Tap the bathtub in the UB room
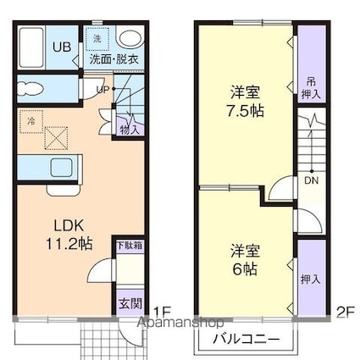pos(35,47)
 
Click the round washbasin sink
pos(130,38)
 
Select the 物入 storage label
pos(130,129)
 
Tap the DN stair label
pos(311,180)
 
